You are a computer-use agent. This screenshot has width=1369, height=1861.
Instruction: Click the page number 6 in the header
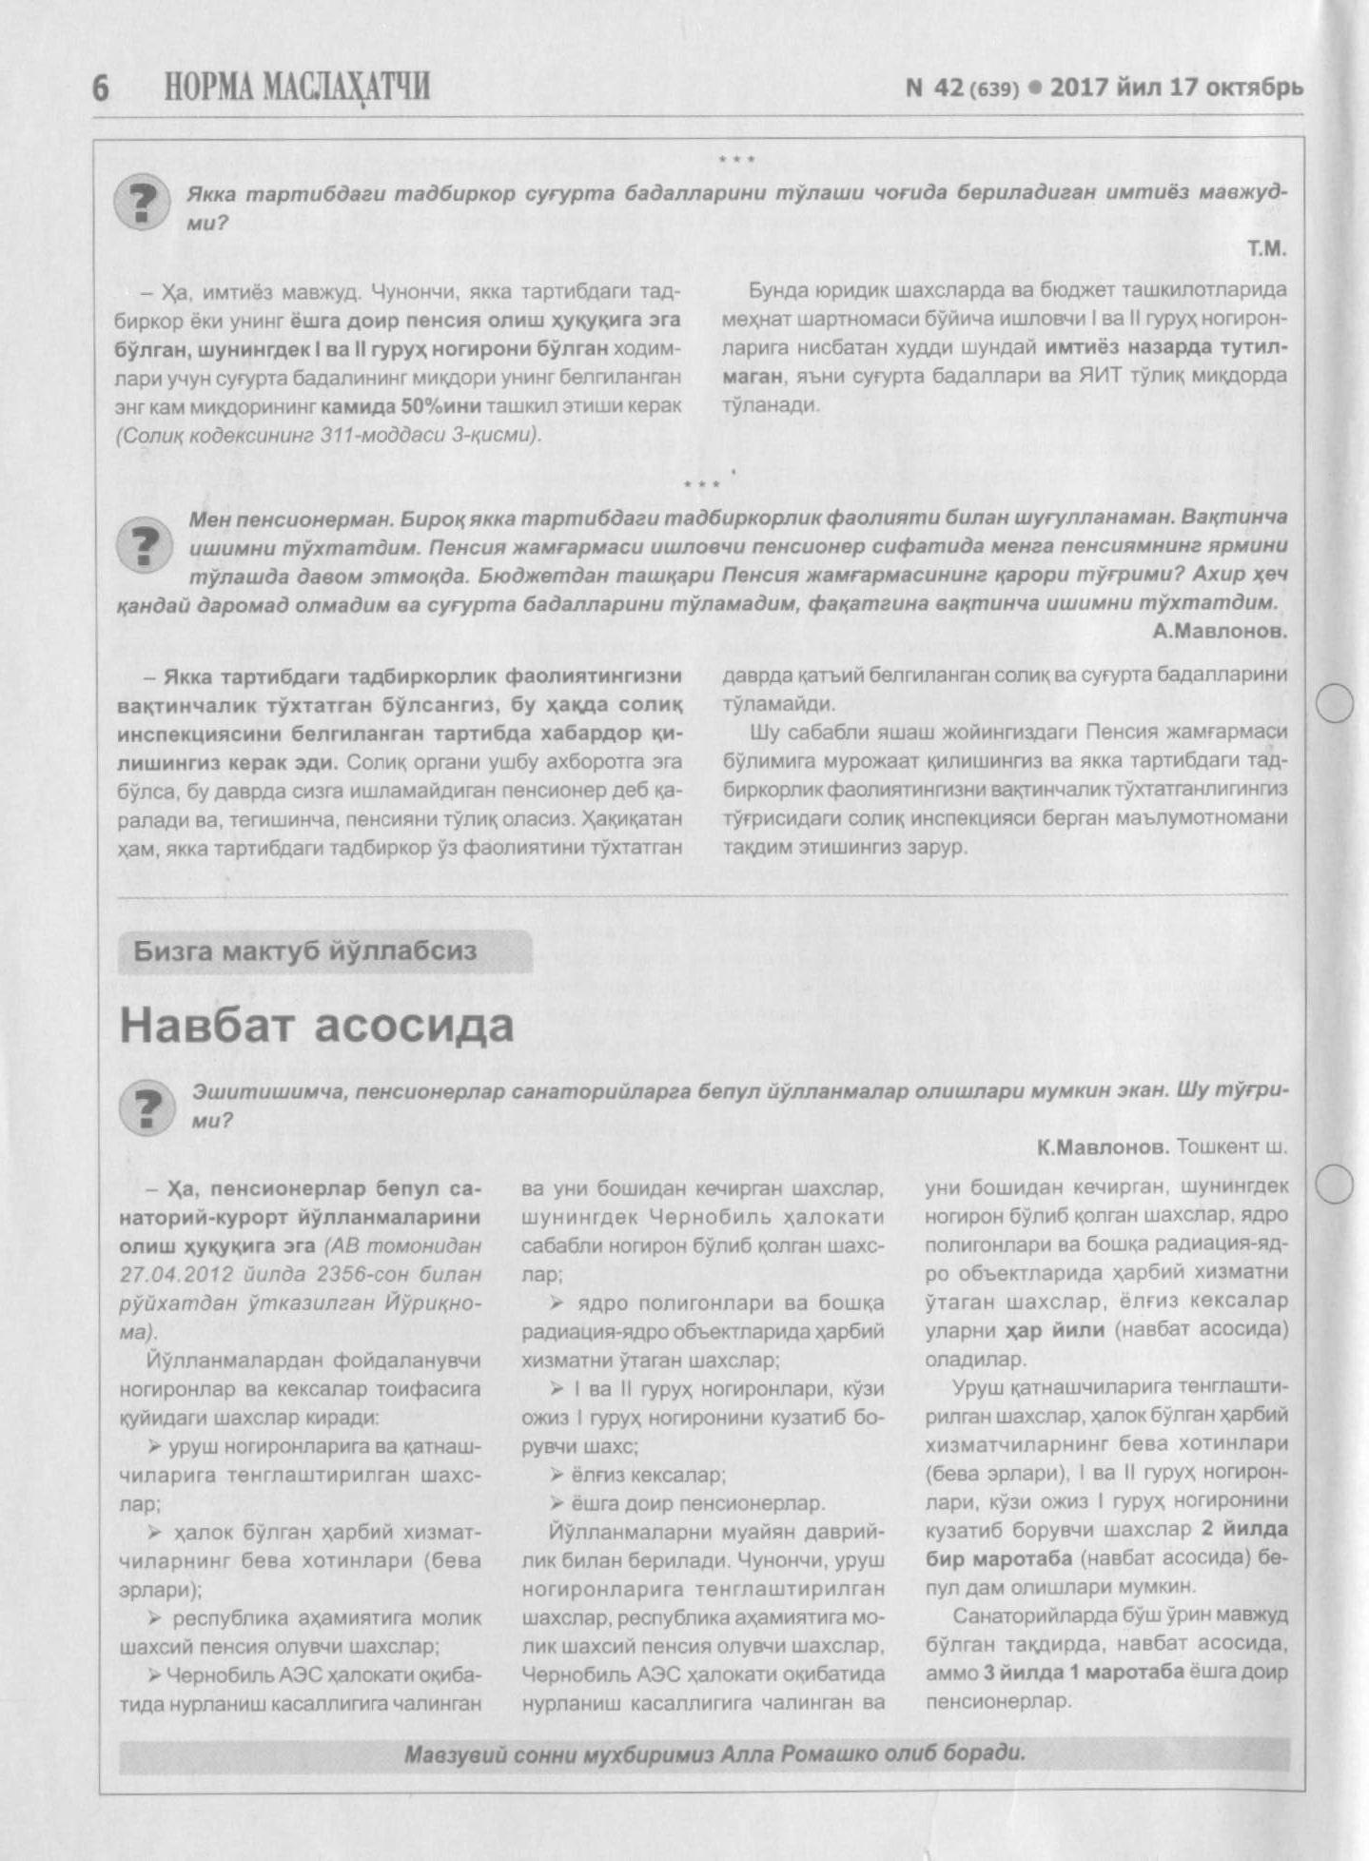point(101,88)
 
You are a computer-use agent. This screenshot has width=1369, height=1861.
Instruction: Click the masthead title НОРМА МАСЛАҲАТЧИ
point(297,87)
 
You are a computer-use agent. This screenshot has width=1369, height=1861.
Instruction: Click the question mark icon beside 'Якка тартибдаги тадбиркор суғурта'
point(141,204)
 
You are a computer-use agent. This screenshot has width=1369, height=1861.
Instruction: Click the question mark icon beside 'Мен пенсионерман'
point(145,545)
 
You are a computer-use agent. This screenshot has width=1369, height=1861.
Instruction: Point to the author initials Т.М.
point(1266,249)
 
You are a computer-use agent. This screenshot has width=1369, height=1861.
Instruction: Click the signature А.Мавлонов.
point(1220,631)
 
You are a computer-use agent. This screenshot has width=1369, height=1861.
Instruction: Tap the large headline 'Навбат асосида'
point(317,1026)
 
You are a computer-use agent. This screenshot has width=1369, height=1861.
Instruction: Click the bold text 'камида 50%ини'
point(401,406)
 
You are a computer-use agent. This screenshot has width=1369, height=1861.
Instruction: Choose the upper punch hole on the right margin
point(1335,704)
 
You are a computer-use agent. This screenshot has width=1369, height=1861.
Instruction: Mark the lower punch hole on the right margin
point(1335,1185)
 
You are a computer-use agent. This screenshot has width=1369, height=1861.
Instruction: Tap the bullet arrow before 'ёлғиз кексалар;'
point(557,1476)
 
